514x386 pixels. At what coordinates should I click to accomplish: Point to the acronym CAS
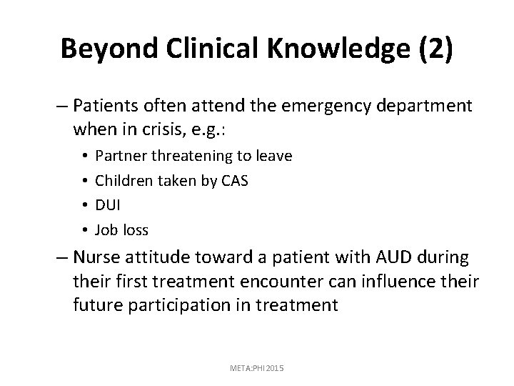click(233, 181)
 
